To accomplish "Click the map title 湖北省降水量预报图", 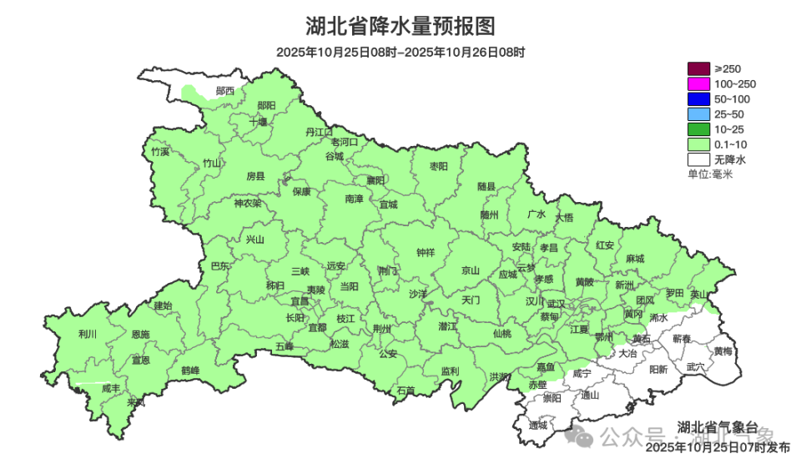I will click(x=400, y=27).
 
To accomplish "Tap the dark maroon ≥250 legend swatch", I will click(x=698, y=68).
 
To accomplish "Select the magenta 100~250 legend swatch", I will click(x=698, y=83).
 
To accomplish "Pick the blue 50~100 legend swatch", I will click(x=698, y=98).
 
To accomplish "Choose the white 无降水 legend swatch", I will click(x=698, y=159).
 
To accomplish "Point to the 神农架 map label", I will click(x=247, y=203).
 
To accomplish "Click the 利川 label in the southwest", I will click(x=87, y=334).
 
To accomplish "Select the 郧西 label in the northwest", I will click(x=224, y=90).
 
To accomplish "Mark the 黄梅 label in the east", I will click(x=723, y=351).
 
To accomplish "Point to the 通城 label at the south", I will click(x=538, y=425).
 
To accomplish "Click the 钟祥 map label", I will click(x=426, y=252).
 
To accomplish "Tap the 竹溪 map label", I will click(x=160, y=152).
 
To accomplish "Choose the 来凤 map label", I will click(x=135, y=402).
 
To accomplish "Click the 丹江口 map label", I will click(x=319, y=132).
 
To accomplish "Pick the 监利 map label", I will click(x=450, y=371).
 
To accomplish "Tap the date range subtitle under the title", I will click(x=400, y=52).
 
